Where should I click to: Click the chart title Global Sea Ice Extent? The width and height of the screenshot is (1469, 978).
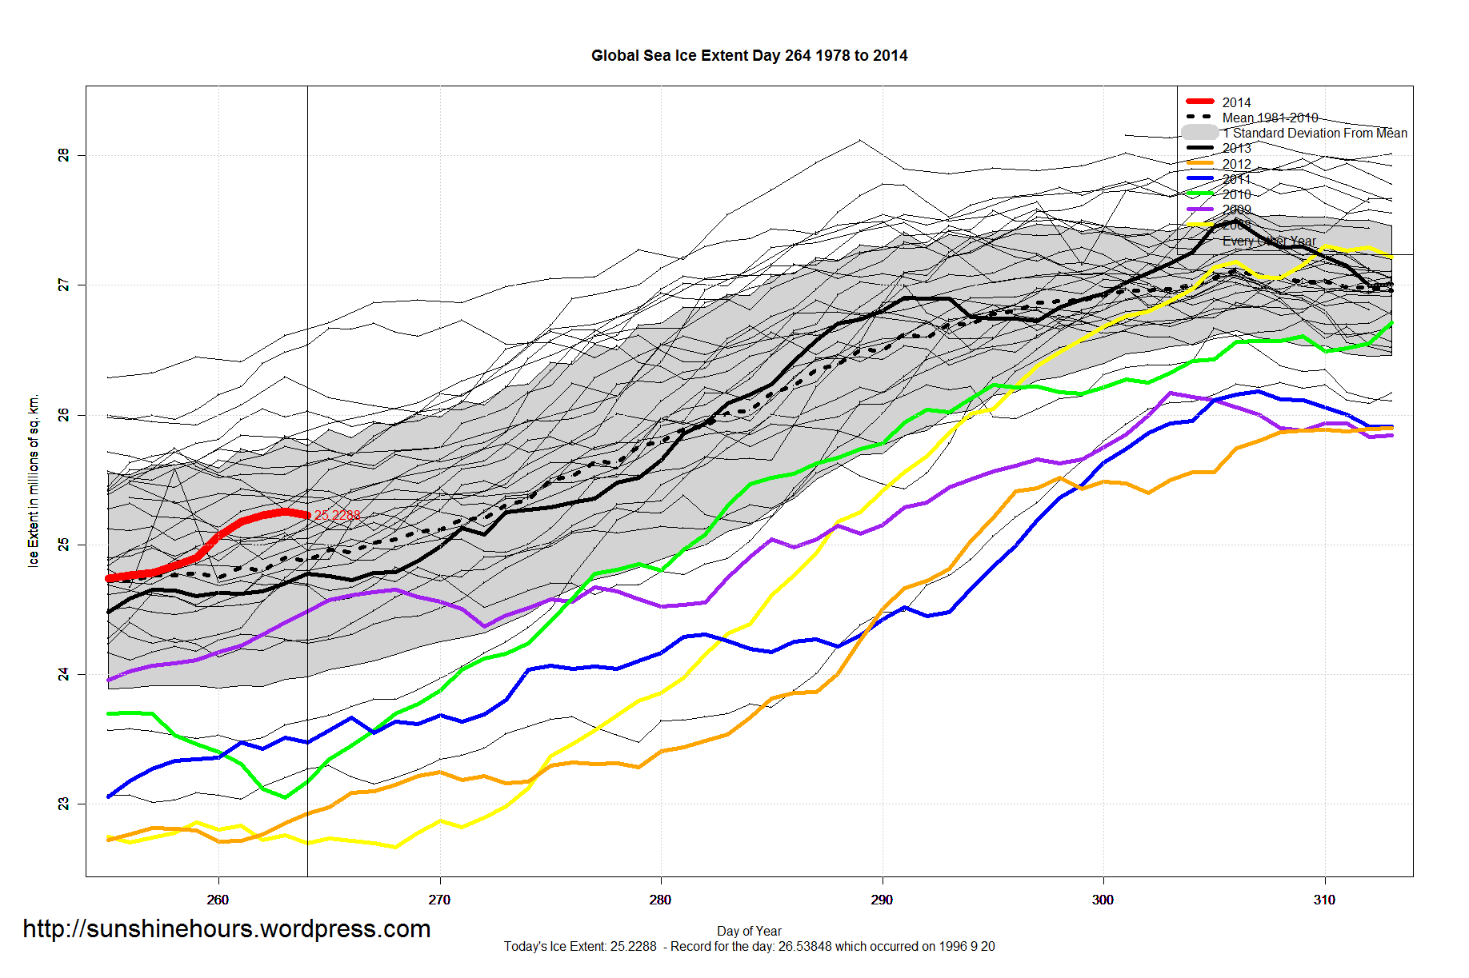(x=749, y=56)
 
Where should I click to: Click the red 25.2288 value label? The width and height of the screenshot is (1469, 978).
(x=337, y=515)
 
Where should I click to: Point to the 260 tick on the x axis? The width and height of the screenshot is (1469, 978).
(x=218, y=900)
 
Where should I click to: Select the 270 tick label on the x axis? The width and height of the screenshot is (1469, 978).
(x=439, y=900)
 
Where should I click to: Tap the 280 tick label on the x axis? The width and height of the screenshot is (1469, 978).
(x=660, y=900)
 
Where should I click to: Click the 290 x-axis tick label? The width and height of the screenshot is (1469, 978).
(x=882, y=900)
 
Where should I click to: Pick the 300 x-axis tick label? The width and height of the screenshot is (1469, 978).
(x=1103, y=900)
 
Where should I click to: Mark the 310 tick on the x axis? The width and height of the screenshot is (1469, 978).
(x=1324, y=900)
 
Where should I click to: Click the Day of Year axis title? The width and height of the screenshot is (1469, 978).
(x=749, y=931)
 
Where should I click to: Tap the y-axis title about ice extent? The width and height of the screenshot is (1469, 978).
(x=34, y=481)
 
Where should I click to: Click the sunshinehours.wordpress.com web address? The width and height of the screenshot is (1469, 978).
(x=226, y=929)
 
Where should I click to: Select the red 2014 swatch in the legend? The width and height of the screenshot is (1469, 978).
(x=1200, y=102)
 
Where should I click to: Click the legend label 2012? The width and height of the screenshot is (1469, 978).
(x=1236, y=164)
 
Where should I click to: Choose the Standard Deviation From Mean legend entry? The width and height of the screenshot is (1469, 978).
(x=1319, y=134)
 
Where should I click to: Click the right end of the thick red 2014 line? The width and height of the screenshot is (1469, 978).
(x=307, y=515)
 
